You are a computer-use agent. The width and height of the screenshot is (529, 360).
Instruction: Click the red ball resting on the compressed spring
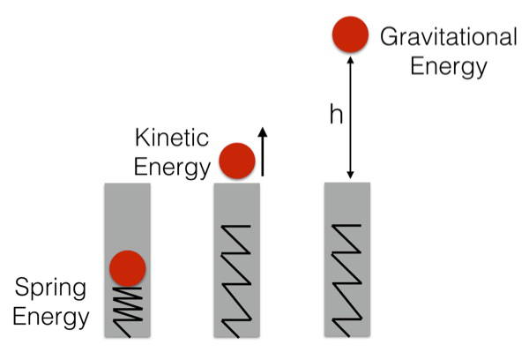coord(128,268)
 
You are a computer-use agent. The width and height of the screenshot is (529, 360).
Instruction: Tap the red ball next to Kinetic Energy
coord(237,161)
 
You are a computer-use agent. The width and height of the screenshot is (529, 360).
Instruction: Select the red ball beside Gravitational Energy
coord(350,34)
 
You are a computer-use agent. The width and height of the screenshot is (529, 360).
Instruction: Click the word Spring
coord(50,289)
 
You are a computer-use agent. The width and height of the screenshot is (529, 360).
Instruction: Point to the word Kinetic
coord(172,138)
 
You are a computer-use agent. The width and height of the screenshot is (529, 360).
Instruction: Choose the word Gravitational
coord(449,37)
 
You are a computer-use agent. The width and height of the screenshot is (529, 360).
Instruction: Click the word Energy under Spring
coord(51,319)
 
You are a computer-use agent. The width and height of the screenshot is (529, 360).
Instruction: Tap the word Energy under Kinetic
coord(172,167)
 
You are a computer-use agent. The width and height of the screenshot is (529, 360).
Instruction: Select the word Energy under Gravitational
coord(449,66)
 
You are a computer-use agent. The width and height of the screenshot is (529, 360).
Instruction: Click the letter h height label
coord(336,115)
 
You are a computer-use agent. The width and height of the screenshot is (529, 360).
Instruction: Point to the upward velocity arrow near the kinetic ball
coord(263,152)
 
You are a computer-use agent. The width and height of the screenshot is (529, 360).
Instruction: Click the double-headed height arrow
coord(351,117)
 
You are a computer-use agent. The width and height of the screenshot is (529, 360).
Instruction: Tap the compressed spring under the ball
coord(127,312)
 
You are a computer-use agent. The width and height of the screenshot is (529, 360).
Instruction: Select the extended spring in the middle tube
coord(236,281)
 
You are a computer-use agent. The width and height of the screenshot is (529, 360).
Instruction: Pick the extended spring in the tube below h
coord(346,281)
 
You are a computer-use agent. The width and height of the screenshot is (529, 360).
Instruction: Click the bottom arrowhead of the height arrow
coord(351,176)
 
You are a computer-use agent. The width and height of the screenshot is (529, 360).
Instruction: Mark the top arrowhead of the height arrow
coord(351,60)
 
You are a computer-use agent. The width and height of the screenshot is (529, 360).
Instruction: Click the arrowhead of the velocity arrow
coord(263,131)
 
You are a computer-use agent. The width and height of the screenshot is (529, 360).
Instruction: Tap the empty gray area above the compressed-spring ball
coord(128,216)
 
